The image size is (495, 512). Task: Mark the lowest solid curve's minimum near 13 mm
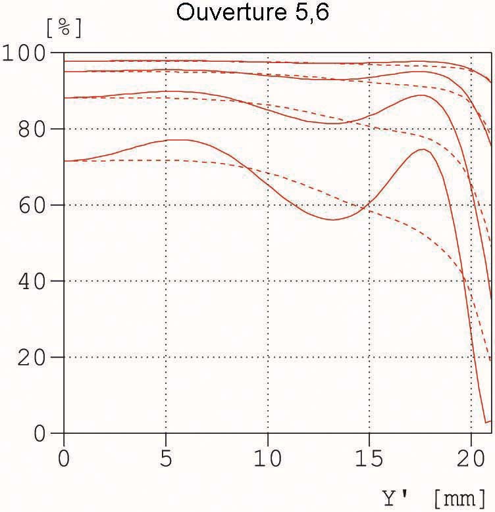(333, 220)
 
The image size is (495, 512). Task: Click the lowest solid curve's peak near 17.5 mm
(423, 149)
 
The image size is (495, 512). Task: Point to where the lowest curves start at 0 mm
(65, 160)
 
